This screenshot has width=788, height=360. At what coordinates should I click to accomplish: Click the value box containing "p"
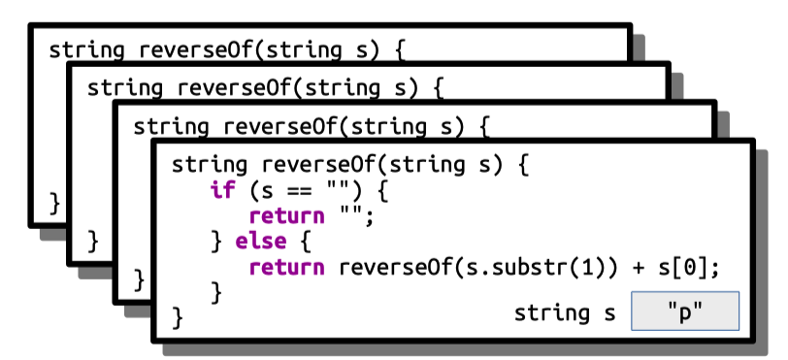pos(685,312)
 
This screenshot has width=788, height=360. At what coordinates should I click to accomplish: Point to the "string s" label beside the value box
pos(565,312)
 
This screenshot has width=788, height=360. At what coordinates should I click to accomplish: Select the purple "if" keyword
pos(222,189)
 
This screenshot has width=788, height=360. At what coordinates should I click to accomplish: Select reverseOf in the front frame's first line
pos(312,164)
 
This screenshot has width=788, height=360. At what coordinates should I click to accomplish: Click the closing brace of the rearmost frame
pos(55,202)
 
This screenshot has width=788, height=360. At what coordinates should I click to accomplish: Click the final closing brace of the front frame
pos(178,316)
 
